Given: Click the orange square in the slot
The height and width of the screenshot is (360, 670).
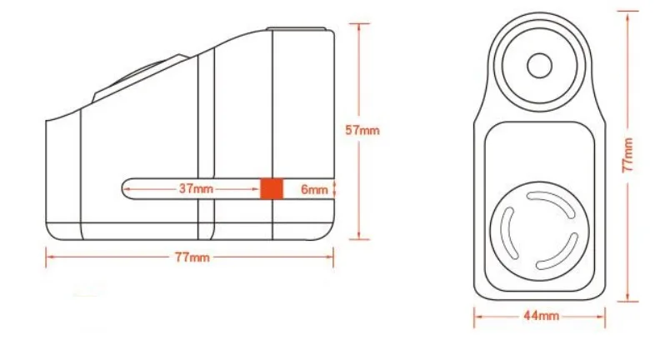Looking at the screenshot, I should tap(270, 188).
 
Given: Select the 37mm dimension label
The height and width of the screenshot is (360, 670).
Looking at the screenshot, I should tap(196, 189).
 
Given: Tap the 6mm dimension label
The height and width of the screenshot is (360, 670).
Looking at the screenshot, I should tap(314, 189).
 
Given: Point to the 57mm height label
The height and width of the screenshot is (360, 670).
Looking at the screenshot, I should tap(363, 129).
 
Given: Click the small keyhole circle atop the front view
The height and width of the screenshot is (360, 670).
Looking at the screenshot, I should tap(540, 64).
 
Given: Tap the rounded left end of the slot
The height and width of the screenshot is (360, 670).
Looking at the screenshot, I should tap(126, 189).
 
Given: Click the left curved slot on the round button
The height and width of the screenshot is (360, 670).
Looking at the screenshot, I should tap(507, 233).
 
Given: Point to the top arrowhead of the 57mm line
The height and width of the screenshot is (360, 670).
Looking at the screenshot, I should tap(361, 26).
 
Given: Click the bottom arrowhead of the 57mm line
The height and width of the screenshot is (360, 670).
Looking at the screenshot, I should tap(361, 236).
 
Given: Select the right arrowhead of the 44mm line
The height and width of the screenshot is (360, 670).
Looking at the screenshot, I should tap(602, 316).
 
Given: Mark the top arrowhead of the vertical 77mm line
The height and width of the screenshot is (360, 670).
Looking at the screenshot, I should tap(627, 12).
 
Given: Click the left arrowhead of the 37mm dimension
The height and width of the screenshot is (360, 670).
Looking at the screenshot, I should tap(126, 189).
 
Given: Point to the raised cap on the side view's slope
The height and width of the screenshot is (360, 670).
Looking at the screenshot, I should tap(137, 78).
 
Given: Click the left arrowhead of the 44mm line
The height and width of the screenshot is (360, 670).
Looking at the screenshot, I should tap(478, 316).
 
